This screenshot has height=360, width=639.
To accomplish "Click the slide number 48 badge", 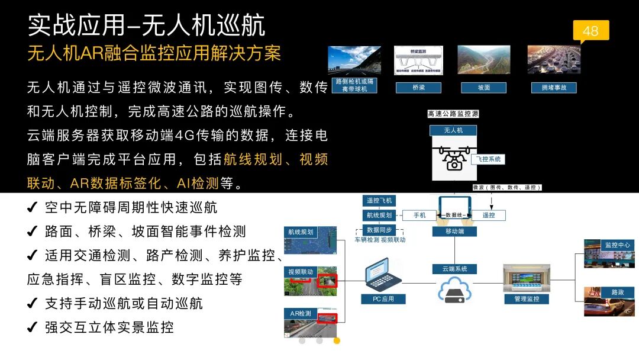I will [x=590, y=31].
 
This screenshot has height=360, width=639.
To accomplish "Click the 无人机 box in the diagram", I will [x=453, y=130].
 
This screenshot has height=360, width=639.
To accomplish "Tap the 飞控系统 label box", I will [x=489, y=159].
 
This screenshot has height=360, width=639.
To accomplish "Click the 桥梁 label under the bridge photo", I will [x=418, y=88].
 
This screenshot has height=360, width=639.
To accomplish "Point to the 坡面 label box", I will [x=484, y=88].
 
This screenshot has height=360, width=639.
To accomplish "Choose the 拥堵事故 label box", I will [x=554, y=88].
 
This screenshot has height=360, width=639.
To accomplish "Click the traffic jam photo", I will [x=554, y=59].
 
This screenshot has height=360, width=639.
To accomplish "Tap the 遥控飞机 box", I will [x=379, y=201].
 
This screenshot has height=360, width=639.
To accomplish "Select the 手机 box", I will [x=419, y=215].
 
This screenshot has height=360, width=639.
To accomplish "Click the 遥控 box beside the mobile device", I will [x=488, y=215].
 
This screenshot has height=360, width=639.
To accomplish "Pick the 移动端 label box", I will [x=454, y=232].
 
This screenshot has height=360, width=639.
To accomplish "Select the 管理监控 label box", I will [x=526, y=299].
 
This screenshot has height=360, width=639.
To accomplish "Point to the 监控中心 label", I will [x=617, y=245].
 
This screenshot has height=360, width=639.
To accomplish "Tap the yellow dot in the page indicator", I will [x=337, y=340].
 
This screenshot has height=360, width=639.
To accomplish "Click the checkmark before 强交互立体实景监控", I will [x=33, y=327].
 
